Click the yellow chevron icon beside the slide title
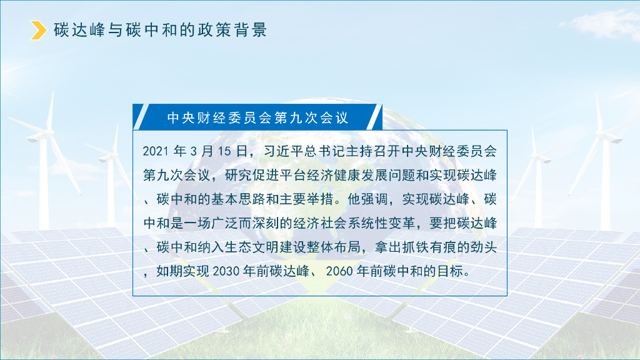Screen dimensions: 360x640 coord(39,30)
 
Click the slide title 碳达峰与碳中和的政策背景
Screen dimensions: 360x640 coord(161,30)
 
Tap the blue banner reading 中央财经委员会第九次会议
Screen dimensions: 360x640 coord(257,117)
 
